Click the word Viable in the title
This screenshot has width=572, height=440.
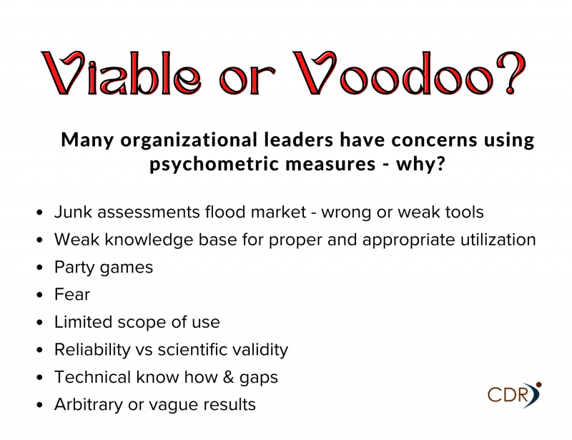121,73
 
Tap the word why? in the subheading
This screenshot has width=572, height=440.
420,164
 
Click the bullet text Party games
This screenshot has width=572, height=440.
104,268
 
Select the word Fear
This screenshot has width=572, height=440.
72,294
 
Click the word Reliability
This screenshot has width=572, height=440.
92,350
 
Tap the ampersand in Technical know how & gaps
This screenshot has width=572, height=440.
228,377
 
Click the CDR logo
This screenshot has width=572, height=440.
514,395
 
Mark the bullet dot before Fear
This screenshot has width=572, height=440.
40,295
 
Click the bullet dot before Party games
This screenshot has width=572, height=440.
40,268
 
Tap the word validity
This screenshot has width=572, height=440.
260,350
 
